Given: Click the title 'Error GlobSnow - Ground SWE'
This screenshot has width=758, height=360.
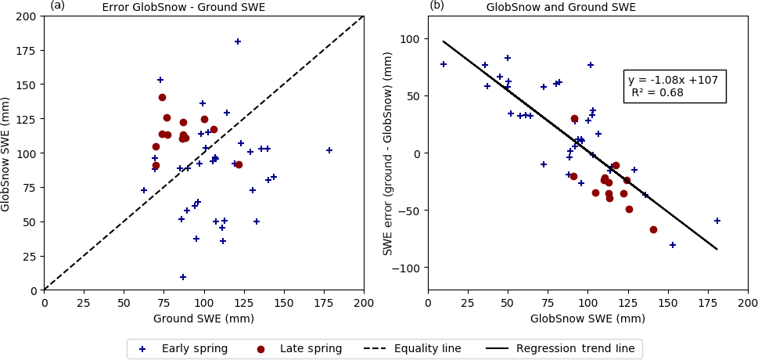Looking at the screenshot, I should (x=183, y=8).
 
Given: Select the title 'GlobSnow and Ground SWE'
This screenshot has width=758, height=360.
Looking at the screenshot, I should (x=561, y=7).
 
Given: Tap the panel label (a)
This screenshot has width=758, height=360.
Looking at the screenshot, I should (x=57, y=5).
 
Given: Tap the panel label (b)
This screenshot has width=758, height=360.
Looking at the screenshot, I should (x=436, y=5).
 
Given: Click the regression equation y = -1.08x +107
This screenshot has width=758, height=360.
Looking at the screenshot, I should (x=676, y=80).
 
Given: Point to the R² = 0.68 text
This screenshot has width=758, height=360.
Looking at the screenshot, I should (x=658, y=92).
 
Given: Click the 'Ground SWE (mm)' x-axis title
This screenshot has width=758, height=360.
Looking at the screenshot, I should (x=203, y=319).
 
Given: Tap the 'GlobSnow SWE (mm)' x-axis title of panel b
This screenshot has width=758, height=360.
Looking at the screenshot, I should (x=587, y=319).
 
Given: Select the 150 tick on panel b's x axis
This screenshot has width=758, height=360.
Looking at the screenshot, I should (x=667, y=303).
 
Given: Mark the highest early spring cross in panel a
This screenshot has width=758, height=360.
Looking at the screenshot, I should (x=238, y=41).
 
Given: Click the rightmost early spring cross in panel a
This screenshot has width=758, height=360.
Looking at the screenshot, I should (x=329, y=150).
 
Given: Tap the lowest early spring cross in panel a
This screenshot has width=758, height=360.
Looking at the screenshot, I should (x=183, y=277).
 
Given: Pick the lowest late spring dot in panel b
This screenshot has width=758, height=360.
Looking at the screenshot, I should (x=653, y=229).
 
